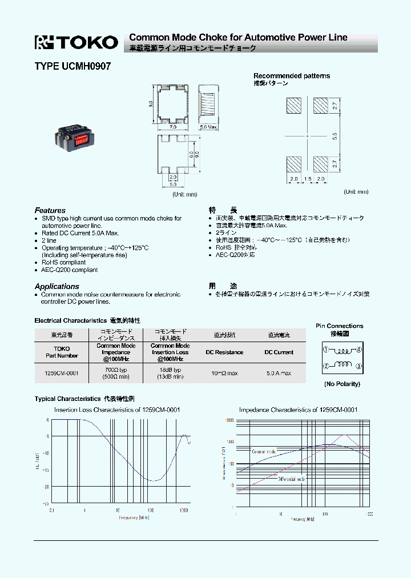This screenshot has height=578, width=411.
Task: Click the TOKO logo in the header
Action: pyautogui.click(x=76, y=42)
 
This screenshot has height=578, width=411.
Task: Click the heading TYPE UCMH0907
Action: pyautogui.click(x=72, y=66)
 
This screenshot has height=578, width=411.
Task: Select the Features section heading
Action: pyautogui.click(x=50, y=210)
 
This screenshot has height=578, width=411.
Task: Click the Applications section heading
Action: pyautogui.click(x=57, y=286)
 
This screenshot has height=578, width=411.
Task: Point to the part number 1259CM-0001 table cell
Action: pyautogui.click(x=61, y=373)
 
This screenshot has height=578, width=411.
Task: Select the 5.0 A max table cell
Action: pyautogui.click(x=279, y=373)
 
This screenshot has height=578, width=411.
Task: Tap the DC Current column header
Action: pyautogui.click(x=279, y=352)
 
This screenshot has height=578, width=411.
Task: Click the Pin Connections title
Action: pyautogui.click(x=339, y=326)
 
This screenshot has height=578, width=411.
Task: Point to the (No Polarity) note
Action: pyautogui.click(x=342, y=384)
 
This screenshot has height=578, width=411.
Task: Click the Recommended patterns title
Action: pyautogui.click(x=291, y=75)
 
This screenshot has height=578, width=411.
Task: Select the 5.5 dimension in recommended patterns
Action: pyautogui.click(x=335, y=135)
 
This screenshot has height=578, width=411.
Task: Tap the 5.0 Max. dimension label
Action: pyautogui.click(x=209, y=127)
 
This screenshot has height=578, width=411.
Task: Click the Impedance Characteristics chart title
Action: pyautogui.click(x=298, y=410)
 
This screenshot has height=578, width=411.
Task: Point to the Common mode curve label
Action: pyautogui.click(x=264, y=451)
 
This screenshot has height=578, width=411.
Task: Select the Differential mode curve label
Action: pyautogui.click(x=292, y=479)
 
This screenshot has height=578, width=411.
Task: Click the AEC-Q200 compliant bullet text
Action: pyautogui.click(x=69, y=270)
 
